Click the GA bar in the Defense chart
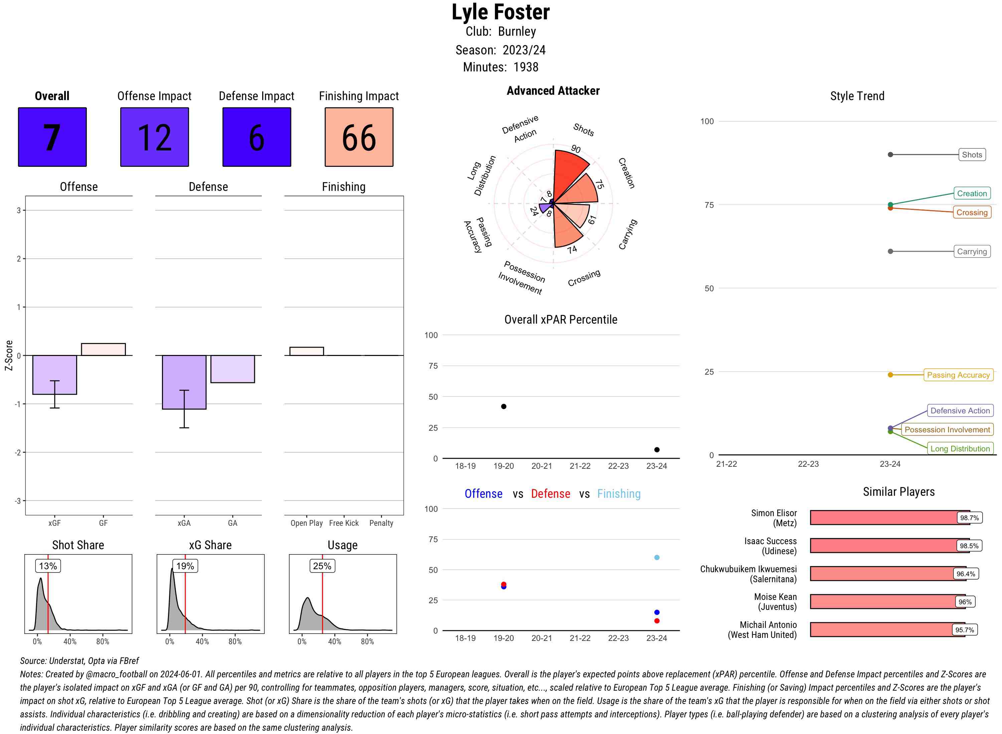[x=232, y=369]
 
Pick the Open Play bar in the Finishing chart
[x=306, y=351]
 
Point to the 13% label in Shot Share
[x=48, y=566]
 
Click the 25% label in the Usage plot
[x=322, y=566]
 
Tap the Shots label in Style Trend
[x=971, y=154]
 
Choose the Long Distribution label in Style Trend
[x=960, y=448]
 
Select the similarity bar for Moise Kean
[x=887, y=602]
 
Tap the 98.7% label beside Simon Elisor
[x=969, y=517]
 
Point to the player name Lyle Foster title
[x=501, y=12]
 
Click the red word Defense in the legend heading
[x=550, y=494]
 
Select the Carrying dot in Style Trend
[x=890, y=252]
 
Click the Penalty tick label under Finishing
[x=381, y=523]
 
